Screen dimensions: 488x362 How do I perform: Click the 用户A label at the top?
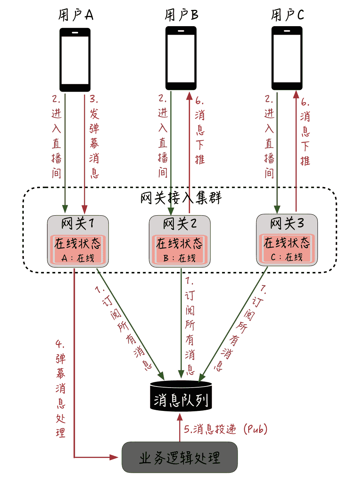click(76, 15)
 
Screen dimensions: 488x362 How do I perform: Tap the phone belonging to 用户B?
click(181, 58)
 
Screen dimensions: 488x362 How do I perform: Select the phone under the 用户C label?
click(287, 58)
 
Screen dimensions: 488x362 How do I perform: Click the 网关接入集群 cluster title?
click(181, 198)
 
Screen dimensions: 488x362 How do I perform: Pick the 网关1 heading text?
click(78, 223)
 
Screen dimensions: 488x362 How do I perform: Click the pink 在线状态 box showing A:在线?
click(78, 250)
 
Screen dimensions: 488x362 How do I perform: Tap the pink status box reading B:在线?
click(180, 250)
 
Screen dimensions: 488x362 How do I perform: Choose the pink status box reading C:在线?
click(287, 249)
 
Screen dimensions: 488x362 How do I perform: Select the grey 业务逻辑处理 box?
click(180, 457)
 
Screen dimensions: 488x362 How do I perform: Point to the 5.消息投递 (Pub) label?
click(226, 429)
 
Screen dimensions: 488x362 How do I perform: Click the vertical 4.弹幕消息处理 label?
click(60, 388)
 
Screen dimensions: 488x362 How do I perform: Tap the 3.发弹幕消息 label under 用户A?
click(94, 136)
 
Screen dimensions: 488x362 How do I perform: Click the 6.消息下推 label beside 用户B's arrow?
click(200, 130)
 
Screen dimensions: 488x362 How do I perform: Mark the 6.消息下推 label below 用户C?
click(305, 132)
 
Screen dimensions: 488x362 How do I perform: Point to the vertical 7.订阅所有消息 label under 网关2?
click(190, 325)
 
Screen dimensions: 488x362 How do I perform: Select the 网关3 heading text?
click(287, 223)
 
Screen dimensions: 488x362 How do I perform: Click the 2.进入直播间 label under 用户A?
click(57, 136)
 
